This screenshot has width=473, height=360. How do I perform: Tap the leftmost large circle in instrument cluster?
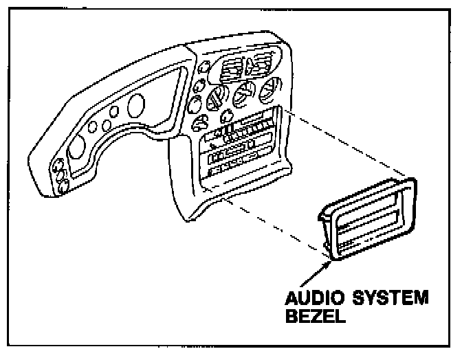tap(76, 146)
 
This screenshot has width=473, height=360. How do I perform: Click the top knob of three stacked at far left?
tap(58, 167)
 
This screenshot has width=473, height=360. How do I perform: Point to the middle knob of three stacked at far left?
tap(60, 177)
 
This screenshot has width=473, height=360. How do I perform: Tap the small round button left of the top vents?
tap(205, 69)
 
